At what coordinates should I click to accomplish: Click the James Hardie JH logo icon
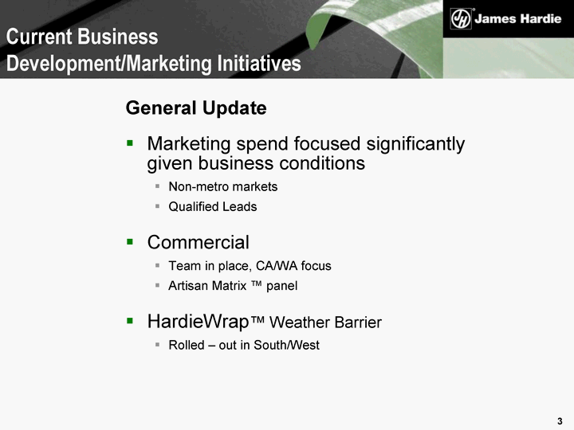461,18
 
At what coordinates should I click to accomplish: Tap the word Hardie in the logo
540,18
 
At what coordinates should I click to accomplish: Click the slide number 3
560,421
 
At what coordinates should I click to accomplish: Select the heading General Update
196,107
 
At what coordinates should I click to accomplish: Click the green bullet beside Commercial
130,241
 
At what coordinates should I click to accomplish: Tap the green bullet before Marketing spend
130,143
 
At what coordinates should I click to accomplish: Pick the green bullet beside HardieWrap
130,321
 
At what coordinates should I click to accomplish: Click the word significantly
415,144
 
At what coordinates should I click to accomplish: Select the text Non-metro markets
223,187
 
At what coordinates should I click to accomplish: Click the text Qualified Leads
213,206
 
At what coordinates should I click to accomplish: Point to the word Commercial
198,242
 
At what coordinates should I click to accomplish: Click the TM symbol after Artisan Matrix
256,283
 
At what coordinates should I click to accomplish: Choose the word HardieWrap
198,322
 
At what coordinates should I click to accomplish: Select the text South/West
287,345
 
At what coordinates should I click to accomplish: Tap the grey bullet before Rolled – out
157,345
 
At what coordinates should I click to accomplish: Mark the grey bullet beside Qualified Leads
157,206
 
